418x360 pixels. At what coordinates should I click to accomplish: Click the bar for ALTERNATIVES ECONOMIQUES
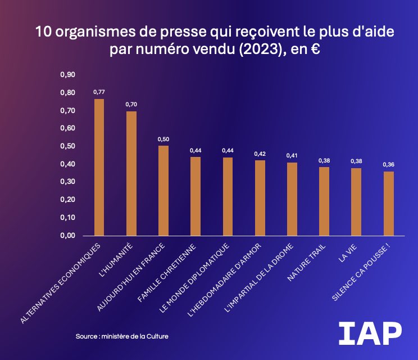point(99,167)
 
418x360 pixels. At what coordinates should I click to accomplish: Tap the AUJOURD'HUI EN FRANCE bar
point(163,191)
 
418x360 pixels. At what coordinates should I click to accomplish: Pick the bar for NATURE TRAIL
point(324,201)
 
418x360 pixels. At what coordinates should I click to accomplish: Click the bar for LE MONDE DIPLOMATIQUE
point(228,196)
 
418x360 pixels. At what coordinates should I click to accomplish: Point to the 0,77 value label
point(99,92)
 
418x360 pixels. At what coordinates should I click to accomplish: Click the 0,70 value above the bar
point(131,104)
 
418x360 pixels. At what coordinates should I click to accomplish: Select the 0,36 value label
point(389,164)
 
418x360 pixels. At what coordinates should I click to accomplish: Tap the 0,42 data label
point(260,154)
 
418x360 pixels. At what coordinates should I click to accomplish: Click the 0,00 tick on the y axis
point(67,236)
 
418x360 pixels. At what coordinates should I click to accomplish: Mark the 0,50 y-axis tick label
point(67,146)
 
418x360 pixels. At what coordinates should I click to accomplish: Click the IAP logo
point(370,334)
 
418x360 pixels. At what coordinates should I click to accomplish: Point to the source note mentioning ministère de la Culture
point(122,336)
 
